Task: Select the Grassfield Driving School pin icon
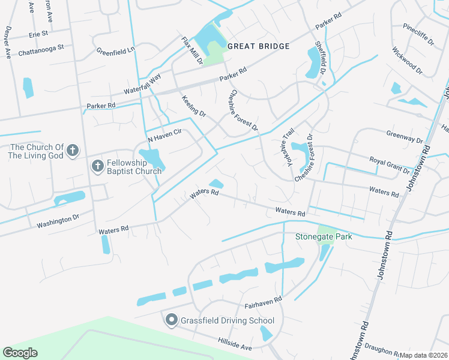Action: pyautogui.click(x=171, y=320)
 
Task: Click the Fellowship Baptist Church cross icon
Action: pyautogui.click(x=97, y=166)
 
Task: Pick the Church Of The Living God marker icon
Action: pyautogui.click(x=73, y=151)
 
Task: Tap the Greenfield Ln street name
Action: pyautogui.click(x=116, y=52)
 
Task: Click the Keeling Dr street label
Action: pyautogui.click(x=193, y=106)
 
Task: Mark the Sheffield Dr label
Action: pyautogui.click(x=321, y=60)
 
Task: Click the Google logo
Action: pyautogui.click(x=20, y=352)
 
